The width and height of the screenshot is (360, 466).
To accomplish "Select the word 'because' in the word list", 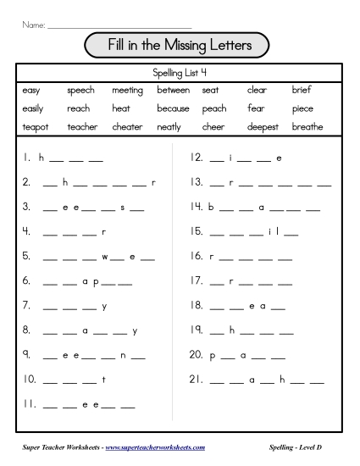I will pyautogui.click(x=173, y=108).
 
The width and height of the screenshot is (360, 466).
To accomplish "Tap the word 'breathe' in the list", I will pyautogui.click(x=307, y=127).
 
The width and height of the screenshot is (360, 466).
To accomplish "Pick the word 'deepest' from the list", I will pyautogui.click(x=263, y=127).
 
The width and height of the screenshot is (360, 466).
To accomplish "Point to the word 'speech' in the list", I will pyautogui.click(x=81, y=90).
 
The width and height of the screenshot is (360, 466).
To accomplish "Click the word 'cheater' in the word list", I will pyautogui.click(x=127, y=127).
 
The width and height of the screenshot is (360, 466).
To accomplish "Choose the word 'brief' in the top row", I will pyautogui.click(x=302, y=90).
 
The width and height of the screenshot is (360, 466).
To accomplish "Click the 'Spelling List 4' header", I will pyautogui.click(x=180, y=72).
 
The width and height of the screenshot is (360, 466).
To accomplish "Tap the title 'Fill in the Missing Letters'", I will pyautogui.click(x=179, y=43).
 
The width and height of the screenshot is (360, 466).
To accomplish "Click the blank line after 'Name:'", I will pyautogui.click(x=119, y=26).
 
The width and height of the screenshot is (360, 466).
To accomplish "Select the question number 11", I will pyautogui.click(x=30, y=404).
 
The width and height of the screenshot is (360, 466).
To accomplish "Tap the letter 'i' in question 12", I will pyautogui.click(x=230, y=158).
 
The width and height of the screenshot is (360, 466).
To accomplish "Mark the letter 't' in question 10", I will pyautogui.click(x=103, y=380).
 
